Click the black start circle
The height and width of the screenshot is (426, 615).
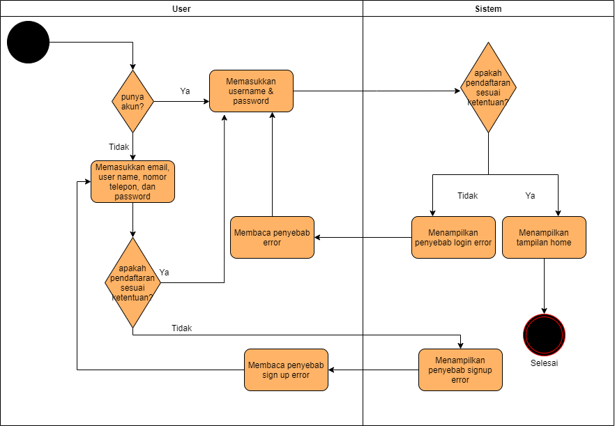29,43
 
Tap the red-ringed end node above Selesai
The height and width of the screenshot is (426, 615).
544,335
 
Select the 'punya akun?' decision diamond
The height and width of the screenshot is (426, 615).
132,102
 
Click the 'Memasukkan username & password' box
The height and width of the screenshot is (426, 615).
251,91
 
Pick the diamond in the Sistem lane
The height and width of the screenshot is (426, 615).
488,88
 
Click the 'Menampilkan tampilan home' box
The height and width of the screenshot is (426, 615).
544,237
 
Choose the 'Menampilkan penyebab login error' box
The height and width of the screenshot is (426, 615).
453,237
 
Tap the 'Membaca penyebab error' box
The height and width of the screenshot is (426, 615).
272,237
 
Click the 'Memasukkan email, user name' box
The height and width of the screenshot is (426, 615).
132,181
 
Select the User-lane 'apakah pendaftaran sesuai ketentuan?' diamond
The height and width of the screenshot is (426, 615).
132,282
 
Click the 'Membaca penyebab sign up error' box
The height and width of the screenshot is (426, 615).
286,370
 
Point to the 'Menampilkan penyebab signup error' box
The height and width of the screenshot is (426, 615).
460,370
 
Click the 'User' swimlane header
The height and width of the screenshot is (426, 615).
181,9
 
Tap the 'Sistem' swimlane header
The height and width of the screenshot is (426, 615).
488,9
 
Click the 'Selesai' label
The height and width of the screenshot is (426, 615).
544,363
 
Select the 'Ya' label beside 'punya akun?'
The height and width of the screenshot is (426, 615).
185,91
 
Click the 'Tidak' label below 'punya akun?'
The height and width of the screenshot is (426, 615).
119,147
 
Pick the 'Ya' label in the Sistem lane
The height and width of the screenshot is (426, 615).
530,196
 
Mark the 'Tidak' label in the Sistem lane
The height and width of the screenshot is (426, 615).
467,196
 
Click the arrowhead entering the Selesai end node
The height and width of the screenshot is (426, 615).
544,310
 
